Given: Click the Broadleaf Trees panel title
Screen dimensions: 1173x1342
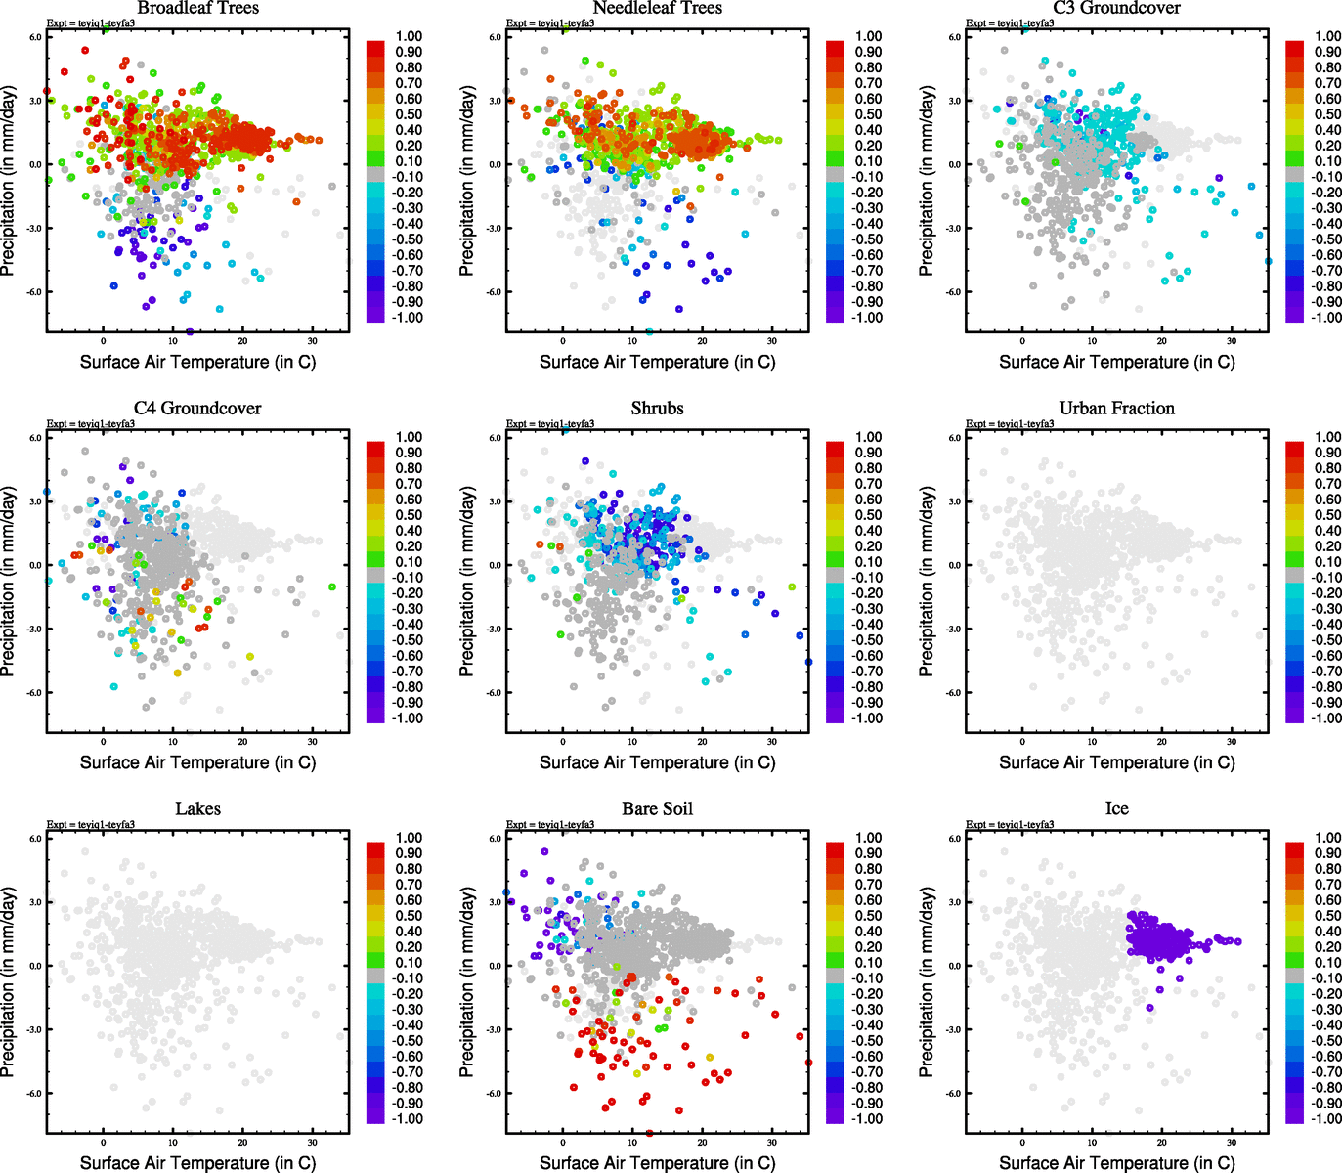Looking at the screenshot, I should tap(197, 9).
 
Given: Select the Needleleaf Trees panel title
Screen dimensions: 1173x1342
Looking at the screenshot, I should tap(657, 9).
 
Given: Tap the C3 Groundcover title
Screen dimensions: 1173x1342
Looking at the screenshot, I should tap(1116, 9).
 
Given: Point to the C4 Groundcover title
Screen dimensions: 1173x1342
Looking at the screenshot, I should tap(197, 409).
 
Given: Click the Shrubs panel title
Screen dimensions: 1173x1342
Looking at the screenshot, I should tap(657, 409).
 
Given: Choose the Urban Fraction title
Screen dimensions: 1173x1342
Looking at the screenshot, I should tap(1116, 409).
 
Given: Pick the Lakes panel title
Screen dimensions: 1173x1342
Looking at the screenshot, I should tap(197, 809).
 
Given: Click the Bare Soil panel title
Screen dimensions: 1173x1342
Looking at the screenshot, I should tap(657, 809).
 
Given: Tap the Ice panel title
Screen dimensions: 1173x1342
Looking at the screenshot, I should tap(1116, 809).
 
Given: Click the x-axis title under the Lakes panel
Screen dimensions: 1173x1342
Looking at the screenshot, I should tap(197, 1163).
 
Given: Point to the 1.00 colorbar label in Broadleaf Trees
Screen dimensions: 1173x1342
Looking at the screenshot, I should tap(409, 36).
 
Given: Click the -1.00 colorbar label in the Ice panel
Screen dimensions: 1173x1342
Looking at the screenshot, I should tap(1326, 1119).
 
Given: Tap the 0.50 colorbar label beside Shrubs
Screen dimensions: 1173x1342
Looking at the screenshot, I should tap(868, 515).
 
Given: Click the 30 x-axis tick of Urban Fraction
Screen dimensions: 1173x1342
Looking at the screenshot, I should tap(1232, 743).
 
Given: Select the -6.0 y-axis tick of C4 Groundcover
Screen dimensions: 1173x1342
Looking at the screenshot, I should tap(35, 693).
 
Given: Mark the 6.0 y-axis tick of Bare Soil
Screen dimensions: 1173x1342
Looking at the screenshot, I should tap(496, 839).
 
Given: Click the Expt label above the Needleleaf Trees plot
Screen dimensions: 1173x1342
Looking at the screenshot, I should tap(550, 23).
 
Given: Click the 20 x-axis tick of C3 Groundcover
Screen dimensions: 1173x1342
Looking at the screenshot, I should tap(1162, 342).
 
